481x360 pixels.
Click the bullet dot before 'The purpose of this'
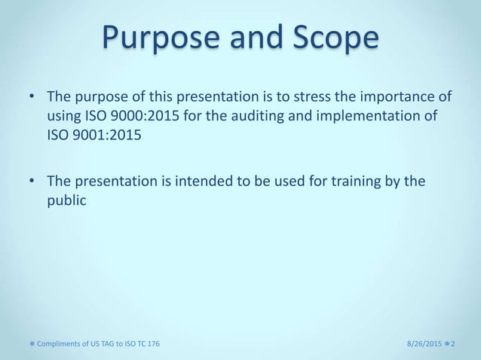[x=32, y=99]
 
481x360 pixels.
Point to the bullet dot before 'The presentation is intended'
[x=32, y=182]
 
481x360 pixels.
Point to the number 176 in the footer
[x=152, y=343]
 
